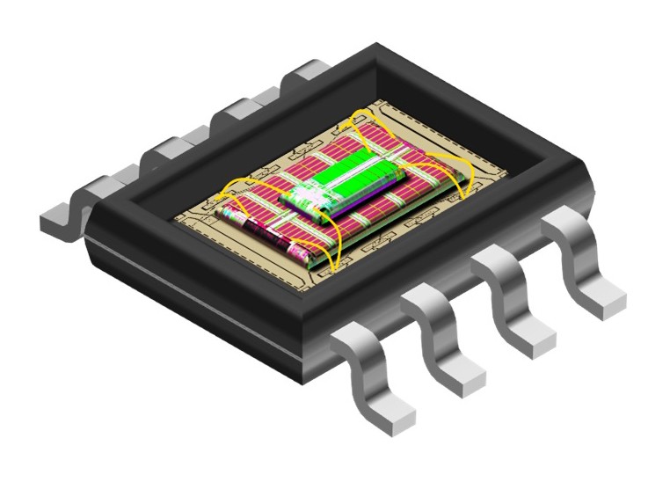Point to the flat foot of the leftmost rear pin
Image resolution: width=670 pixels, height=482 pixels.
(x=58, y=219)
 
